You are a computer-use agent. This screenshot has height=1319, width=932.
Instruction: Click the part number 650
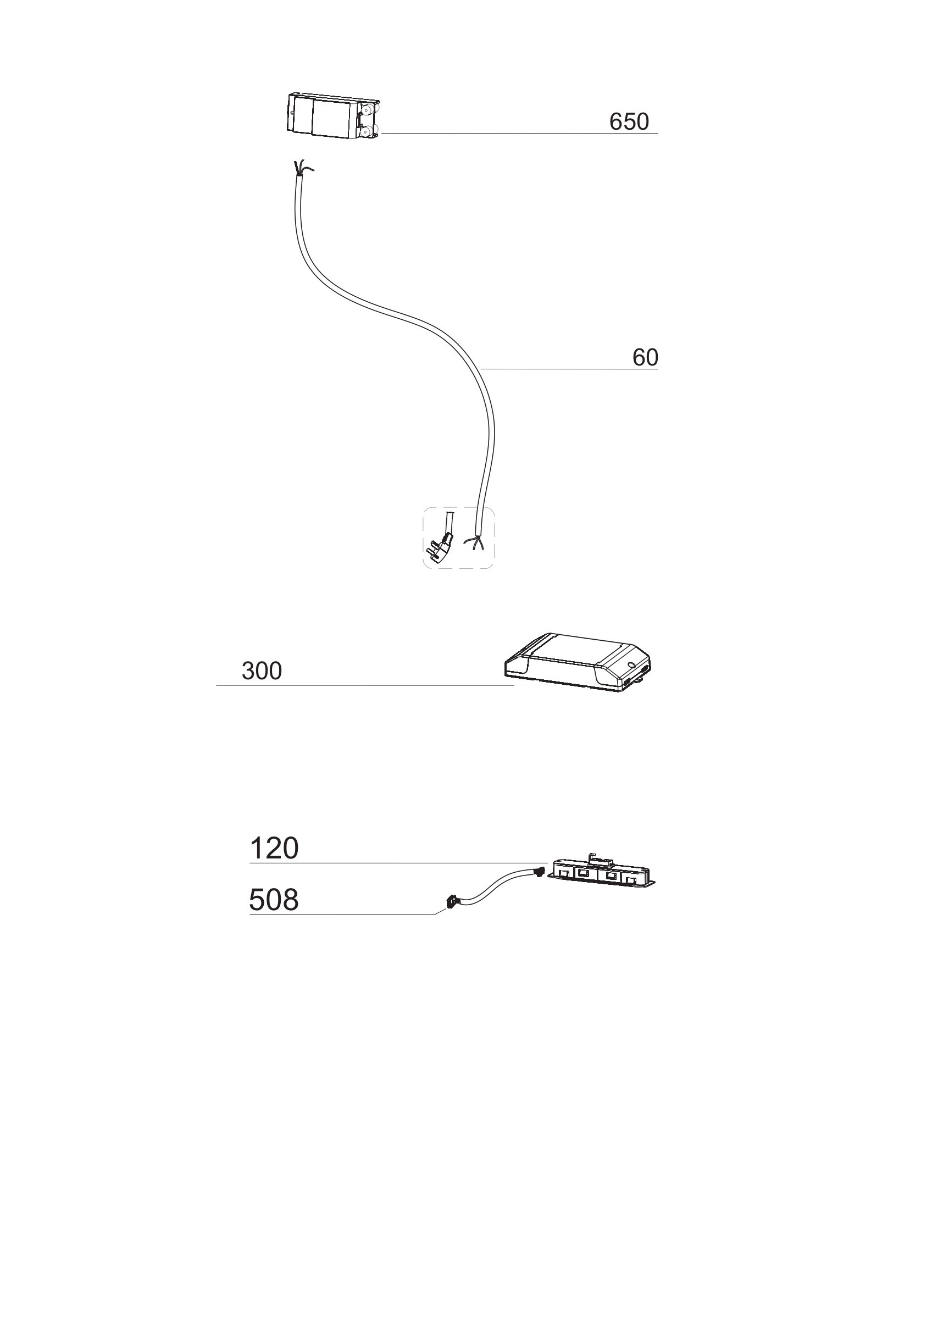(x=629, y=122)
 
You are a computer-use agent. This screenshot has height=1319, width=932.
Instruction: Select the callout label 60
(x=645, y=358)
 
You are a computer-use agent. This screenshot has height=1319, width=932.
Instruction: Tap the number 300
(x=262, y=671)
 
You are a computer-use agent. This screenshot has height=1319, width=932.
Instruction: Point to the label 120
(x=274, y=849)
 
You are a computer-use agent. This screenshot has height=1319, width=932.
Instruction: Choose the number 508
(x=274, y=900)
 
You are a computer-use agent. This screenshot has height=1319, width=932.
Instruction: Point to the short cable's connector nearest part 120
(x=538, y=872)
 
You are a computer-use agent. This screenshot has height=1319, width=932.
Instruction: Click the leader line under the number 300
(x=365, y=685)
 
